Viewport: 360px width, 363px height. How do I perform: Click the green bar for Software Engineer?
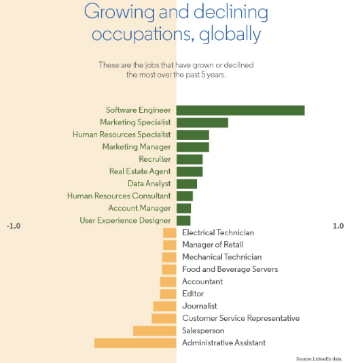pyautogui.click(x=240, y=110)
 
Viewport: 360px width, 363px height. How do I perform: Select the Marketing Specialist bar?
pyautogui.click(x=202, y=122)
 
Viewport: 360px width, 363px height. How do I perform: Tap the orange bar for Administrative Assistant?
pyautogui.click(x=135, y=343)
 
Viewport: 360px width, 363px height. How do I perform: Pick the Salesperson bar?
pyautogui.click(x=155, y=331)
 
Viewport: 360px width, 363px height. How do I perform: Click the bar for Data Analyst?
pyautogui.click(x=187, y=184)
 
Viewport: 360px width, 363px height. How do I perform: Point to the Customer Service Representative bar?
pyautogui.click(x=164, y=318)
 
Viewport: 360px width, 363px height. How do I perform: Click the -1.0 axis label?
pyautogui.click(x=14, y=226)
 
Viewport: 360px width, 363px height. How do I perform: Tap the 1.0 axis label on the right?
pyautogui.click(x=338, y=226)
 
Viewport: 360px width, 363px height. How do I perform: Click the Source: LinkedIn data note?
pyautogui.click(x=319, y=358)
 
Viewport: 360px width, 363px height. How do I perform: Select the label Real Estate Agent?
pyautogui.click(x=140, y=171)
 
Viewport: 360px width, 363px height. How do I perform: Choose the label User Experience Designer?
pyautogui.click(x=125, y=220)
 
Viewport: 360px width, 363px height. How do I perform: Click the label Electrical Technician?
pyautogui.click(x=218, y=232)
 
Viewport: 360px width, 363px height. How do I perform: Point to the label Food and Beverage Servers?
pyautogui.click(x=230, y=269)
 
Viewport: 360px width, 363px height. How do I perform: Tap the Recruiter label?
pyautogui.click(x=155, y=159)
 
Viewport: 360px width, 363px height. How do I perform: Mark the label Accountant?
pyautogui.click(x=202, y=281)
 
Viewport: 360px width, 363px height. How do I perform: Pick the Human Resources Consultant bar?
pyautogui.click(x=185, y=196)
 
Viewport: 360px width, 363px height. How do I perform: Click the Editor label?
pyautogui.click(x=193, y=294)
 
